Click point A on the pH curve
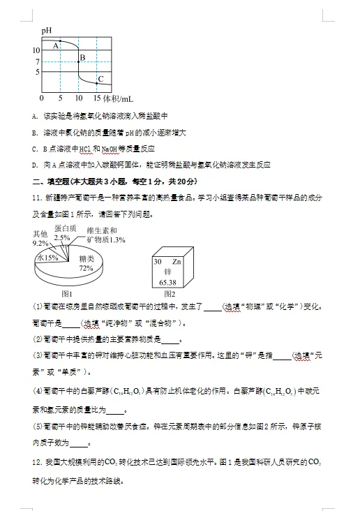(61, 42)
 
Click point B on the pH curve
(78, 61)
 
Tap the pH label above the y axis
(46, 31)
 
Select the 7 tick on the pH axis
(38, 61)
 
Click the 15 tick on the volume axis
(96, 98)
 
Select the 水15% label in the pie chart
(47, 257)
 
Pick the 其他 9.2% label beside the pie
(40, 239)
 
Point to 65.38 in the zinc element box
(167, 282)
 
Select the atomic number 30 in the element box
(157, 260)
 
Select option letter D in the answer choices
(34, 165)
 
